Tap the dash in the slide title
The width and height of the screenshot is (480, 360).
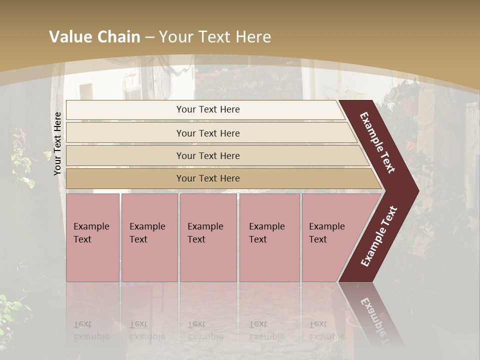pyautogui.click(x=149, y=37)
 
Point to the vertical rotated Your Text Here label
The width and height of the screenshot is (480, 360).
pyautogui.click(x=57, y=143)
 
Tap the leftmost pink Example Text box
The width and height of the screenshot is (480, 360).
pyautogui.click(x=92, y=237)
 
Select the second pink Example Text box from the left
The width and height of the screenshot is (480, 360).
pyautogui.click(x=149, y=237)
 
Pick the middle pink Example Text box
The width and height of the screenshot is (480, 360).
pyautogui.click(x=208, y=237)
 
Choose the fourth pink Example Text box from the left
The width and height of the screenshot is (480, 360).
pyautogui.click(x=269, y=237)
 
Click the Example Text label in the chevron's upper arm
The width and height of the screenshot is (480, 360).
pyautogui.click(x=377, y=142)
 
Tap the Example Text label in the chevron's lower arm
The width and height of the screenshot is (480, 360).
pyautogui.click(x=379, y=236)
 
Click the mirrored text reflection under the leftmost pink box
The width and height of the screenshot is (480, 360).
pyautogui.click(x=91, y=330)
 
